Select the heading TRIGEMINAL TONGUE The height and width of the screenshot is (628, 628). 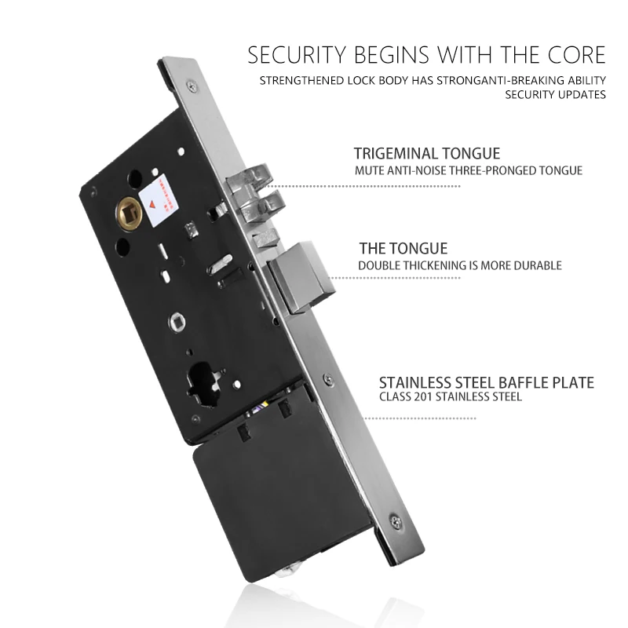coord(426,154)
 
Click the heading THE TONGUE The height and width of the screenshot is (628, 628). coord(403,249)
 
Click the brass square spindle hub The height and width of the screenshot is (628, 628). coord(129,210)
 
